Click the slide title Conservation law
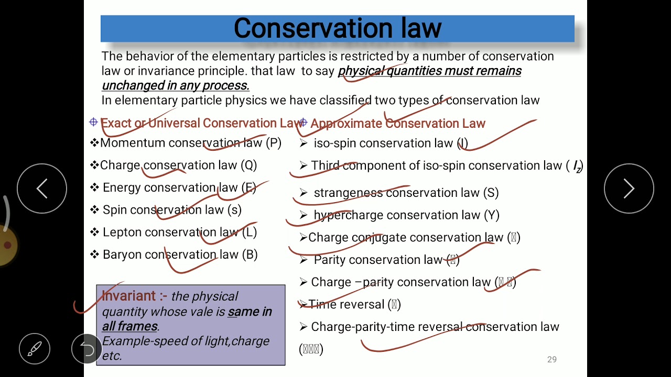coord(337,28)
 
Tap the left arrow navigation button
coord(42,188)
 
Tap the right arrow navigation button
coord(629,188)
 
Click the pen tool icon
coord(35,349)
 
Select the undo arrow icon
coord(86,349)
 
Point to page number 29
coord(551,360)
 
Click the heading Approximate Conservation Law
coord(397,124)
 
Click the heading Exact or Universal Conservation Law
coord(201,123)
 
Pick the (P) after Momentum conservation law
coord(274,143)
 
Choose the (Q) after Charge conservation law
coord(249,165)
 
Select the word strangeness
coord(348,193)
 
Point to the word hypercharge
coord(348,215)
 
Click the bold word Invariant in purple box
coord(128,296)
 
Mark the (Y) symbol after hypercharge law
coord(492,215)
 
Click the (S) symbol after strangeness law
coord(491,193)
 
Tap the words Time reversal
coord(347,305)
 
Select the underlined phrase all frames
coord(129,326)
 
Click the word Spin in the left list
coord(115,210)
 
